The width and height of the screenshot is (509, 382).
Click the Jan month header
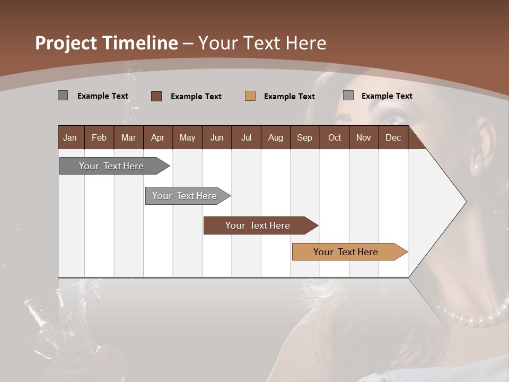coord(70,138)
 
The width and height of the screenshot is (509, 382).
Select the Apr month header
coord(157,138)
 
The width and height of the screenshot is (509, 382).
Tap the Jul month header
coord(246,138)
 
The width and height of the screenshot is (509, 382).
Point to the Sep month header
coord(304,138)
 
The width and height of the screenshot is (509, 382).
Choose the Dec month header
coord(393,138)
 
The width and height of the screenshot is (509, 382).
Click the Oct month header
coord(335,138)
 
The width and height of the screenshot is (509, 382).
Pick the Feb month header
coord(99,138)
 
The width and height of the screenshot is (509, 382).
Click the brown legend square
coord(156,96)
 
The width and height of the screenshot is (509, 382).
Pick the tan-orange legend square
coord(250,96)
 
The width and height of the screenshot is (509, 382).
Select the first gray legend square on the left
coord(63,95)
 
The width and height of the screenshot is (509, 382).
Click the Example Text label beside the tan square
coord(289,97)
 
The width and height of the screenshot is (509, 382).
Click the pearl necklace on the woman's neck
coord(472,319)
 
